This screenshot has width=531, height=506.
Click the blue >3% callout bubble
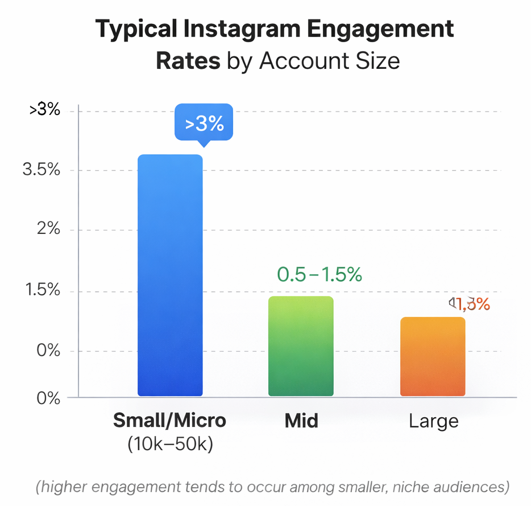(204, 123)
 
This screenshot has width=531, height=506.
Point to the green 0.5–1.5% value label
(319, 274)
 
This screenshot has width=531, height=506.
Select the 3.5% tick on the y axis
(41, 170)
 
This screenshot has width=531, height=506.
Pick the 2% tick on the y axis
(47, 230)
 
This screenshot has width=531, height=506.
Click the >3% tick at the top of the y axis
(44, 110)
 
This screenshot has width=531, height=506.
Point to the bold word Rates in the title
(188, 60)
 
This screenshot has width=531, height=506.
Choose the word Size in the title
(379, 60)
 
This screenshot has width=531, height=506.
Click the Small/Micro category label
(169, 421)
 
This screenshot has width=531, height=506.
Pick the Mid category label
(301, 421)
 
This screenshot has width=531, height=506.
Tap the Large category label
(433, 422)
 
